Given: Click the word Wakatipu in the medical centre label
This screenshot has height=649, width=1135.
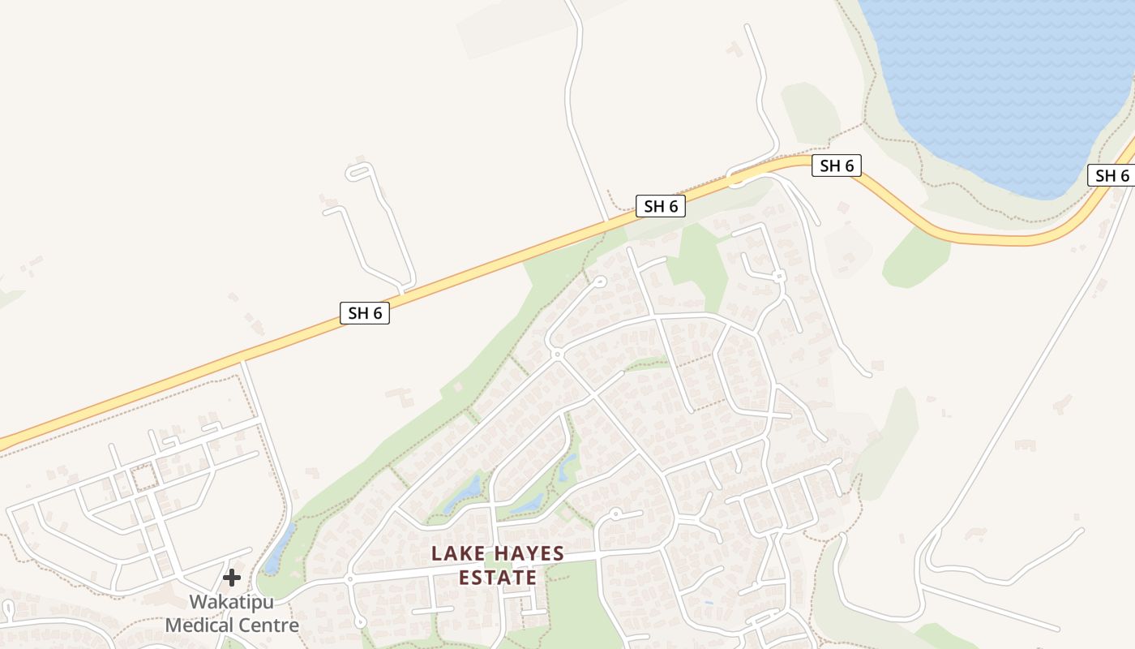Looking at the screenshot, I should [x=232, y=603].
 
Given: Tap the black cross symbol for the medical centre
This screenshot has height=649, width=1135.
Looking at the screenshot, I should [x=232, y=578].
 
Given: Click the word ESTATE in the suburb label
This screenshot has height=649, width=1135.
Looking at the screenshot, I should [x=498, y=578].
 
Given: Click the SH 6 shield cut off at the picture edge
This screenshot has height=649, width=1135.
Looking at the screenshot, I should [x=1111, y=176].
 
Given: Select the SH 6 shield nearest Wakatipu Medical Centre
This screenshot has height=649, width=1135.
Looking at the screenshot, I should [x=365, y=313].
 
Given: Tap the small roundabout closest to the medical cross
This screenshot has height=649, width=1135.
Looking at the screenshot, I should [x=349, y=579].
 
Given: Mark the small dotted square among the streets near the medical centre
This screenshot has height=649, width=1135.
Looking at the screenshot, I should [x=144, y=477].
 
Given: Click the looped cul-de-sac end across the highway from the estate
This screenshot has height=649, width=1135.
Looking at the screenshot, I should [x=359, y=171].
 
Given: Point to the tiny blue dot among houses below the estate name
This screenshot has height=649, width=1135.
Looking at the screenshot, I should [x=709, y=602].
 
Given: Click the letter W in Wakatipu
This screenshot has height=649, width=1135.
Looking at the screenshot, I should [x=198, y=603].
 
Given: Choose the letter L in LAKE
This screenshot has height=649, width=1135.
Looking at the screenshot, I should [x=437, y=554].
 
